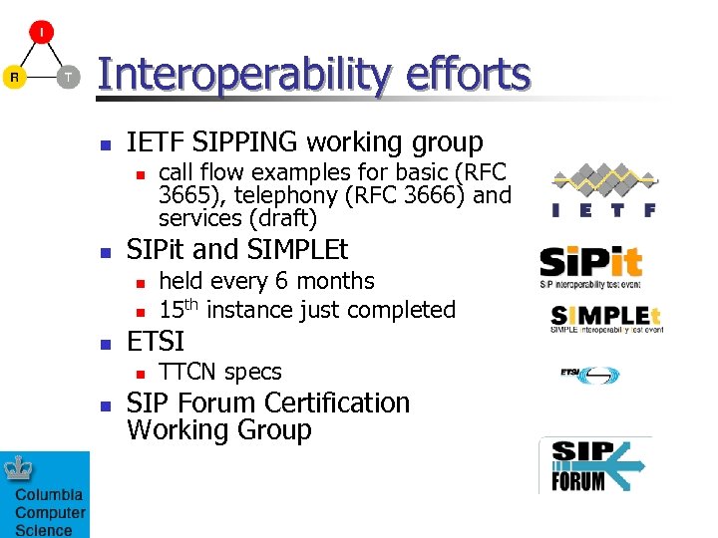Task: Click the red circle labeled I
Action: (41, 32)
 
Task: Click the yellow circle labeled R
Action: (14, 77)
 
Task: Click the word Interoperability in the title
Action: (240, 75)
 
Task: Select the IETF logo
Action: (604, 190)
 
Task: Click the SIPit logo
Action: (591, 265)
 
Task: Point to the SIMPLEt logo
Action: (606, 318)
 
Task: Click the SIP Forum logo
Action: (594, 465)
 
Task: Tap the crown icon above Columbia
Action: (19, 469)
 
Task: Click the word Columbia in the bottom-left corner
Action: (49, 495)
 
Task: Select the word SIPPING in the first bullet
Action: (244, 142)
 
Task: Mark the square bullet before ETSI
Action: (107, 343)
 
